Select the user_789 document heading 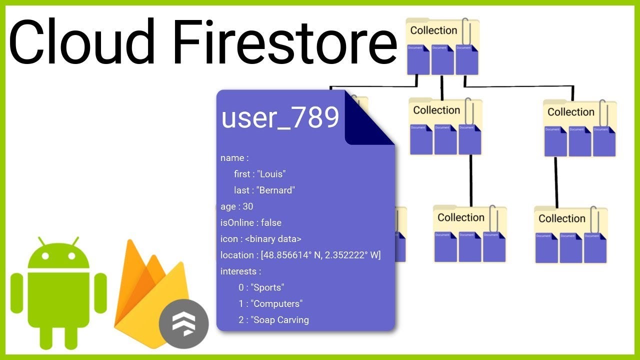[280, 118]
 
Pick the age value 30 [248, 206]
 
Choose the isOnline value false [271, 222]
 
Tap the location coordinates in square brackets [320, 255]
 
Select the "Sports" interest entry [267, 287]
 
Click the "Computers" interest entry [276, 303]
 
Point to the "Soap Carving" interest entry [279, 320]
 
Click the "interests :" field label [240, 271]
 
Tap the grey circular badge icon [183, 323]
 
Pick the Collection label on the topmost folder [433, 30]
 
